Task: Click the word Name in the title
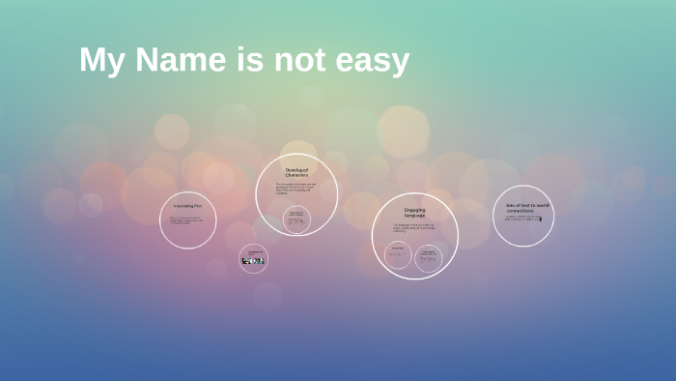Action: [x=180, y=60]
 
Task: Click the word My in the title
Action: [x=100, y=62]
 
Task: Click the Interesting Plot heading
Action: [x=187, y=206]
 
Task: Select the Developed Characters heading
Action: [x=296, y=172]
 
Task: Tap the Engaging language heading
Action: [x=414, y=212]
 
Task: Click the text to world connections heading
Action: [x=526, y=207]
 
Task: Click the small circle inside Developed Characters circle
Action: [x=296, y=220]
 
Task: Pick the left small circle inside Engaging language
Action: [x=398, y=255]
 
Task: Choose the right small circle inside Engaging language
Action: [x=428, y=257]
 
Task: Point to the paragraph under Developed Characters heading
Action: [x=296, y=190]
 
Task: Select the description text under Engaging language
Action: [x=413, y=228]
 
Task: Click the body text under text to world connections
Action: [x=521, y=218]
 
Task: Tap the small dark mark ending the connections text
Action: [x=540, y=219]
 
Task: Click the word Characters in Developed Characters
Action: [x=296, y=175]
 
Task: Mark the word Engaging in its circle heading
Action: [x=414, y=209]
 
